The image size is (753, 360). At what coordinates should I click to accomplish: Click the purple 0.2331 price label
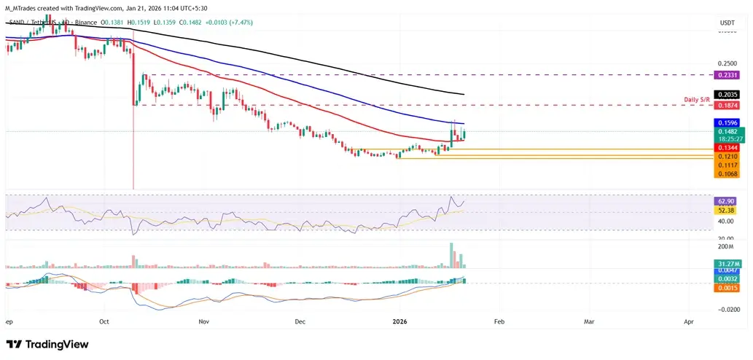(726, 75)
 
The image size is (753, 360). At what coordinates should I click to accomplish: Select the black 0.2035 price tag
(726, 95)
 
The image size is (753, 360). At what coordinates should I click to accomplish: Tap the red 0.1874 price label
(726, 106)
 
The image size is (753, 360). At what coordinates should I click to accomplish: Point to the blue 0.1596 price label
(726, 123)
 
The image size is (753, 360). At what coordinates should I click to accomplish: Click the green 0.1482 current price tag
(726, 132)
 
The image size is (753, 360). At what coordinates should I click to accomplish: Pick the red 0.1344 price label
(726, 148)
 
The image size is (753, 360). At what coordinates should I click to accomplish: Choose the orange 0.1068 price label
(726, 174)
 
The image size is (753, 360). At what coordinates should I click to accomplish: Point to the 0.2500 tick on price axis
(726, 64)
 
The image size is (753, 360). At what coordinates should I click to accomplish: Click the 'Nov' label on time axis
(203, 321)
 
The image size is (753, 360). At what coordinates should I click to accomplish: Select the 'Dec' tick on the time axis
(300, 321)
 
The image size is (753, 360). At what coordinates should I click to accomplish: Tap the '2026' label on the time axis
(399, 321)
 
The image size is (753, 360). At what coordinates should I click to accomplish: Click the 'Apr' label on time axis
(689, 321)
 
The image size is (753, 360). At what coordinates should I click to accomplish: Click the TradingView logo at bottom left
(47, 344)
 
